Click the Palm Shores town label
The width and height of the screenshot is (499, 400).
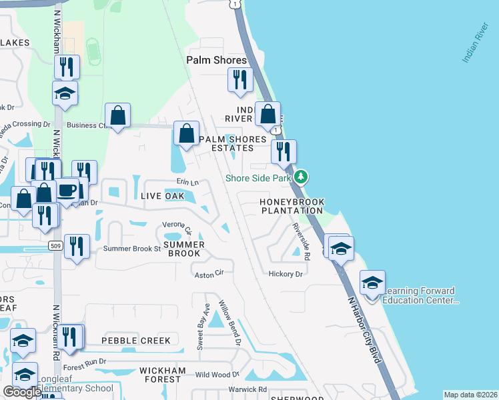pyautogui.click(x=216, y=60)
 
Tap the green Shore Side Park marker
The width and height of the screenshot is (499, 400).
pyautogui.click(x=302, y=177)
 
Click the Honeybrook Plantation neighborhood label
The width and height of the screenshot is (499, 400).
pyautogui.click(x=292, y=206)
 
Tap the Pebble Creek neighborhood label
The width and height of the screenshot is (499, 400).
pyautogui.click(x=136, y=340)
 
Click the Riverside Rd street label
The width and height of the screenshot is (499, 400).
pyautogui.click(x=302, y=241)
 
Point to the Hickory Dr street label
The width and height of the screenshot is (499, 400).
pyautogui.click(x=286, y=273)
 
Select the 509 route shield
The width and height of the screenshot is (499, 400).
pyautogui.click(x=56, y=245)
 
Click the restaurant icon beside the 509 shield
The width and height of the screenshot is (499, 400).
pyautogui.click(x=77, y=247)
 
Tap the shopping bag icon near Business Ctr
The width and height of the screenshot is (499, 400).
pyautogui.click(x=117, y=116)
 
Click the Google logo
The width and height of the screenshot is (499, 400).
pyautogui.click(x=22, y=392)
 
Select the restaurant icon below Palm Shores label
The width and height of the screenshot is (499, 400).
pyautogui.click(x=239, y=80)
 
